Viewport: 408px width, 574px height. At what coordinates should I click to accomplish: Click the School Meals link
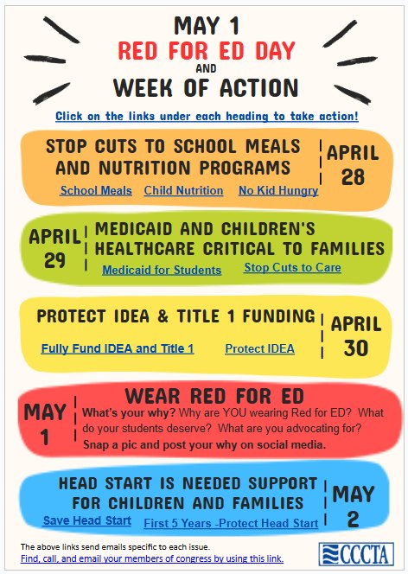coord(96,191)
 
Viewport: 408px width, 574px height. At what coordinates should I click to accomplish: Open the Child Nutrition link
coord(183,191)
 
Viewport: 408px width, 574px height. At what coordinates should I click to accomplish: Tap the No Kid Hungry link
coord(278,191)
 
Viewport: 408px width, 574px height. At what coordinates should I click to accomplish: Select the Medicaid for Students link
coord(162,271)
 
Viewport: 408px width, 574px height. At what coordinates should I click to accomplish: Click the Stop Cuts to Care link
coord(292,268)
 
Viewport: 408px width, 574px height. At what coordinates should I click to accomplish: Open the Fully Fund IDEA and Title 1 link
coord(118,348)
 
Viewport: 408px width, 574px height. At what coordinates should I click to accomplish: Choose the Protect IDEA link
coord(260,349)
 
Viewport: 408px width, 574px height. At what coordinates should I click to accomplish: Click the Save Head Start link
coord(86,521)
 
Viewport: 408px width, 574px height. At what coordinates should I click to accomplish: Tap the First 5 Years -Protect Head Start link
coord(231,524)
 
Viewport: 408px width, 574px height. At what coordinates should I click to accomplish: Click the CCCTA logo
coord(356,554)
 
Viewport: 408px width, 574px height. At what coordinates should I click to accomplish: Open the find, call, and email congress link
coord(152,559)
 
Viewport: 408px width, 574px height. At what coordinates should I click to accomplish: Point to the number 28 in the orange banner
coord(354,177)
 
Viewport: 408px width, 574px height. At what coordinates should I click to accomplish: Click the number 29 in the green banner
coord(54,260)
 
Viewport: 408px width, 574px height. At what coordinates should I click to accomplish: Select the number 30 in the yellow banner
coord(356,348)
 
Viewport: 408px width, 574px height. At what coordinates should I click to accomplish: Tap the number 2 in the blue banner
coord(354,520)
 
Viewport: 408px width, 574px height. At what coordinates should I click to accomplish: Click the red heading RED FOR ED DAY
coord(207,51)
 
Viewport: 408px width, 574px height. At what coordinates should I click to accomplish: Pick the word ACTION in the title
coord(259,88)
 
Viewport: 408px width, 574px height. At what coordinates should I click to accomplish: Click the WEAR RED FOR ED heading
coord(214,396)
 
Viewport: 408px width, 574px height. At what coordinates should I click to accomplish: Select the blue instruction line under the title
coord(207,117)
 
